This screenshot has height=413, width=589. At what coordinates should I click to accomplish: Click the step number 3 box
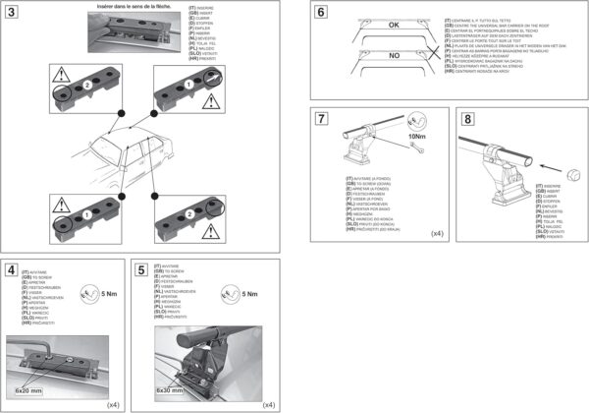point(12,12)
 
